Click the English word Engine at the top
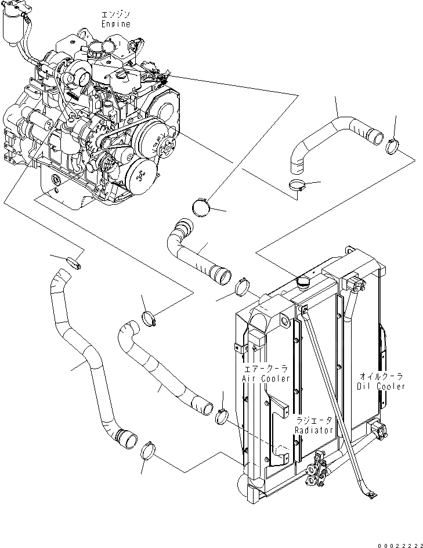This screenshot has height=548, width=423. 115,24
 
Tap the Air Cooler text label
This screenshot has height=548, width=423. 266,378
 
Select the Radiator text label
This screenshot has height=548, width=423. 313,430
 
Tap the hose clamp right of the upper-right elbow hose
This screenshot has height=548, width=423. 392,145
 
